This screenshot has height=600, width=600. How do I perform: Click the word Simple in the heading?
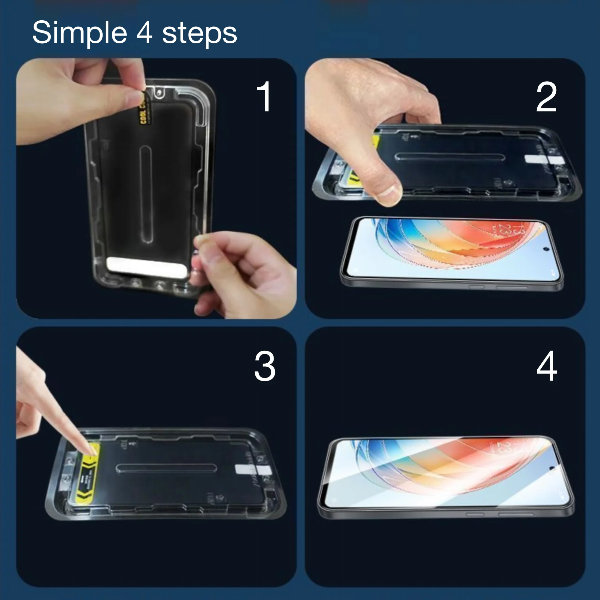tap(79, 33)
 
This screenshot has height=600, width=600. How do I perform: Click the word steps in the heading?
tap(199, 34)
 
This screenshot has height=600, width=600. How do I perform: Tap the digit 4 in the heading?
tap(144, 33)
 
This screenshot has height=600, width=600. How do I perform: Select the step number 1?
tap(264, 97)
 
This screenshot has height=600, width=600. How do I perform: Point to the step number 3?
tap(264, 366)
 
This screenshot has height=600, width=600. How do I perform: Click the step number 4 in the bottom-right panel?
tap(547, 366)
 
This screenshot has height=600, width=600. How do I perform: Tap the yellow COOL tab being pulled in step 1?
tap(144, 108)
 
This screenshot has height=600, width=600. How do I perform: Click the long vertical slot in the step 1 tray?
tap(146, 195)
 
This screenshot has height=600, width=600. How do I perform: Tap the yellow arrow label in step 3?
tap(88, 474)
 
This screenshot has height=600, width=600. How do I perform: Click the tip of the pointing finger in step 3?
tap(91, 451)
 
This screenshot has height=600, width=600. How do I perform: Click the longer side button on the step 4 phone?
tap(515, 514)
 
